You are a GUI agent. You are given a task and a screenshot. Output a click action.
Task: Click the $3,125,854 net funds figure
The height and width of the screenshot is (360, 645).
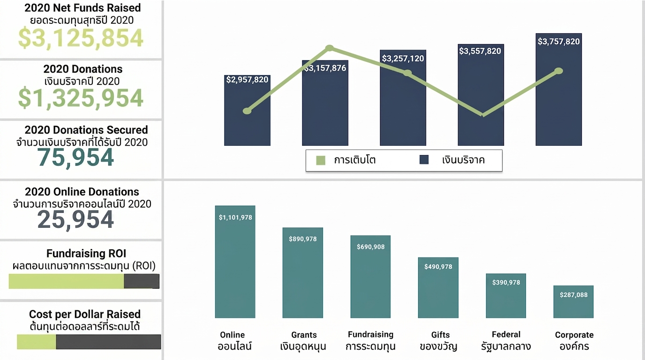(x=81, y=38)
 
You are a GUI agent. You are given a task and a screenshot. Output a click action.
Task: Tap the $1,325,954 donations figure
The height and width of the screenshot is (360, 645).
(x=81, y=98)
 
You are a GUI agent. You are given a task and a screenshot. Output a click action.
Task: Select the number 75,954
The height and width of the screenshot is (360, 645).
(x=75, y=158)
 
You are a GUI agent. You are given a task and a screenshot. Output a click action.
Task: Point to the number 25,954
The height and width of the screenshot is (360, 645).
(x=75, y=220)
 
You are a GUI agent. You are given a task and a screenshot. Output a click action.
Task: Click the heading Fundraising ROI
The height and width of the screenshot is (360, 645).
(x=86, y=254)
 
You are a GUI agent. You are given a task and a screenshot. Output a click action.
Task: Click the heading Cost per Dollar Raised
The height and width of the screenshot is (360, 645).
(x=85, y=314)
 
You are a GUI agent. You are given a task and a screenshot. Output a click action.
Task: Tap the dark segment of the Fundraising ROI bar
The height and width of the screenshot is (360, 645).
(x=142, y=281)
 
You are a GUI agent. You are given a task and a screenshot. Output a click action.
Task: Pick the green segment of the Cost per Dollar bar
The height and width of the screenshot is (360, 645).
(x=36, y=342)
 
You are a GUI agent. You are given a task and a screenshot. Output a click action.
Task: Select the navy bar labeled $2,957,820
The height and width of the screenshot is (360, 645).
(x=247, y=110)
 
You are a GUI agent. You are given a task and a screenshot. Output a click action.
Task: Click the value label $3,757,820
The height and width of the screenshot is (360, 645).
(x=559, y=41)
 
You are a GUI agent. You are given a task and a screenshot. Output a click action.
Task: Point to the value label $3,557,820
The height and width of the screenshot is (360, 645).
(x=480, y=51)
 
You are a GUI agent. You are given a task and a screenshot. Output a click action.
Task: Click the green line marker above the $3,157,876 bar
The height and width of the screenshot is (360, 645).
(x=330, y=48)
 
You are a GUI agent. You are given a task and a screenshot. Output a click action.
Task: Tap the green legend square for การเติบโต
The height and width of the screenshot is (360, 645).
(x=321, y=160)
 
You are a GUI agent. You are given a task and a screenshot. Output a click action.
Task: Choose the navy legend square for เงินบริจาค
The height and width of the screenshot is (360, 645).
(x=424, y=159)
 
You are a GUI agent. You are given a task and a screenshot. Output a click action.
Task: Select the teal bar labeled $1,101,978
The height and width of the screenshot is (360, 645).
(x=235, y=262)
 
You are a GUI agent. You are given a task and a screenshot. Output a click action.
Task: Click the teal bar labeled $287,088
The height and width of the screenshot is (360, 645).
(x=573, y=302)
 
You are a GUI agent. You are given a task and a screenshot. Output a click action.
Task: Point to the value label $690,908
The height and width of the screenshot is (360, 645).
(x=371, y=247)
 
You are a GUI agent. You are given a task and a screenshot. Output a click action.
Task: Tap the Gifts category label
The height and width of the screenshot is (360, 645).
(x=440, y=335)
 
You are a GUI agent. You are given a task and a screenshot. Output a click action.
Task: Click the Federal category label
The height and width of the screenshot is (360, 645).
(x=506, y=334)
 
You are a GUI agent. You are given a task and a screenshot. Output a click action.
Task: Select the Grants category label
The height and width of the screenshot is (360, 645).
(x=304, y=335)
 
